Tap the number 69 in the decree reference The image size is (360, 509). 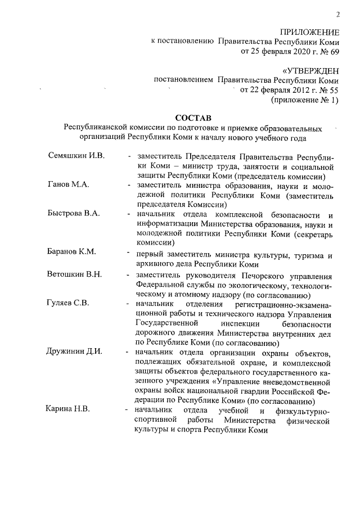tap(334, 52)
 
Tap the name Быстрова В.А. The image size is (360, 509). tap(74, 213)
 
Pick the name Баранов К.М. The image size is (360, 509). tap(71, 251)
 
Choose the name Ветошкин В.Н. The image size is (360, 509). tap(75, 274)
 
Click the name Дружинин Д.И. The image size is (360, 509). tap(74, 352)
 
